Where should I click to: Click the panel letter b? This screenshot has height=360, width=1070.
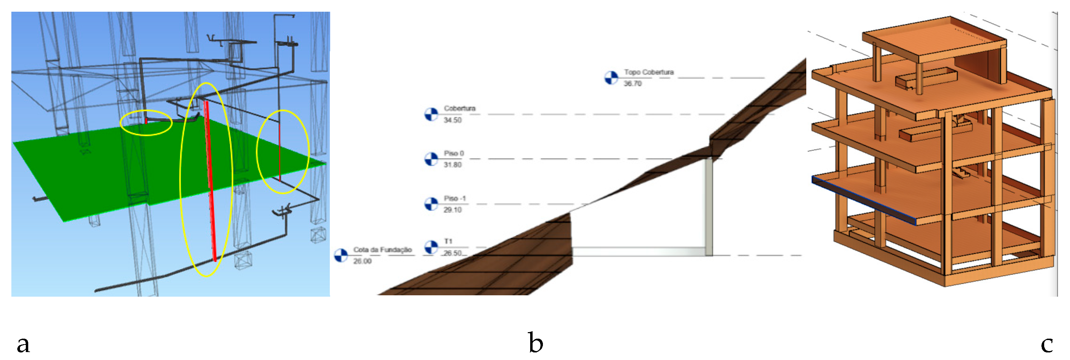[x=535, y=343]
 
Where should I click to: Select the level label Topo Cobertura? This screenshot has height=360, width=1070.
[x=648, y=72]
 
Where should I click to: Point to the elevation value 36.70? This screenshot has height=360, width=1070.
[x=633, y=83]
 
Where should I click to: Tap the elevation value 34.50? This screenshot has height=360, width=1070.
[x=452, y=120]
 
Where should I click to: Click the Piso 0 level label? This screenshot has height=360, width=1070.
[x=454, y=153]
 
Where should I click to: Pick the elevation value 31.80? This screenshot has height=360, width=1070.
[x=452, y=165]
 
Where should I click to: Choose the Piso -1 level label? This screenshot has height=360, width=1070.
[x=454, y=199]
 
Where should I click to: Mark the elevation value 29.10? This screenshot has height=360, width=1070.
[x=452, y=210]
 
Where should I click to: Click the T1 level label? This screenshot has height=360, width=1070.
[x=448, y=241]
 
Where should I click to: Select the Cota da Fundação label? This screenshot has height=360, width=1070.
[x=382, y=250]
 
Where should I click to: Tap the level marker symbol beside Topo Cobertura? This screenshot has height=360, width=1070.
[x=611, y=78]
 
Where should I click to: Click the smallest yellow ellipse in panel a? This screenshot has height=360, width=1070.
[x=146, y=123]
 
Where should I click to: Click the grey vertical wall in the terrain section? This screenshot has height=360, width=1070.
[x=709, y=208]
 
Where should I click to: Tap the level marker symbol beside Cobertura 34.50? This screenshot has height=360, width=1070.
[x=431, y=114]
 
